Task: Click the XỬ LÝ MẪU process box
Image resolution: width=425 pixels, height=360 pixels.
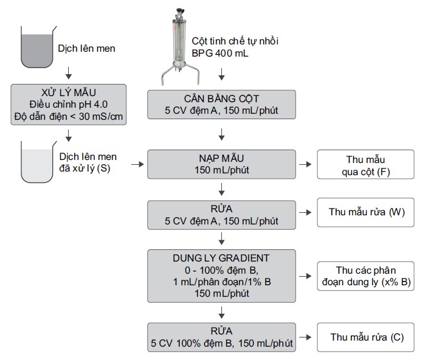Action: [69, 105]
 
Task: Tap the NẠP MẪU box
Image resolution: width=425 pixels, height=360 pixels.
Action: [222, 164]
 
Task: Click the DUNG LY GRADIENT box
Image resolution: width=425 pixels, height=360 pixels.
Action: [222, 275]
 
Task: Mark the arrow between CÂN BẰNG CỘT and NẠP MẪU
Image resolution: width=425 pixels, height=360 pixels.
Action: [222, 133]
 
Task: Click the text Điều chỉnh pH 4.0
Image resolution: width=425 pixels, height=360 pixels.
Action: [69, 105]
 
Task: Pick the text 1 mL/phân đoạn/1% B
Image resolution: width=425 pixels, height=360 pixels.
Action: [222, 282]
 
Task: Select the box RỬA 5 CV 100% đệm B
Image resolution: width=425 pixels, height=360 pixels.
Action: [222, 337]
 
